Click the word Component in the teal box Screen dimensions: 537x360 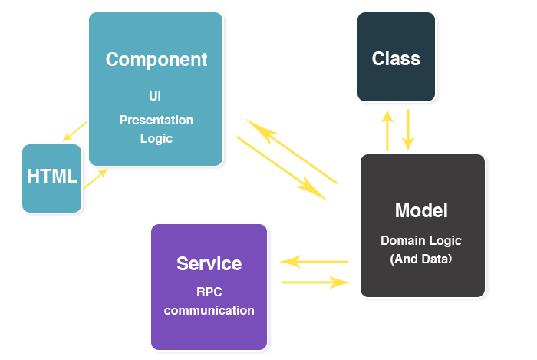point(156,60)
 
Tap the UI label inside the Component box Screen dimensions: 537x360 point(155,96)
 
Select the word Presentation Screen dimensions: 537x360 point(156,121)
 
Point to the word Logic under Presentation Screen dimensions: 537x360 point(156,139)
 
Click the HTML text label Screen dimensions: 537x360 point(52,176)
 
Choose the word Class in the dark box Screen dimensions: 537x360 point(396,58)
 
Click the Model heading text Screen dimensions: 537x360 point(421,210)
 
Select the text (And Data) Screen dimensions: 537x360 point(421,259)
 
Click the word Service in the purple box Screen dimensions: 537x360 point(209,264)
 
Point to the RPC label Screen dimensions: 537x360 point(209,292)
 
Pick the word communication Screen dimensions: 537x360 point(209,311)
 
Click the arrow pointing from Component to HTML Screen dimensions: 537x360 point(75,131)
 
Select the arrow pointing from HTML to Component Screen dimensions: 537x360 point(96,178)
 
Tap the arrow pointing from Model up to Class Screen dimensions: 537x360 point(387,130)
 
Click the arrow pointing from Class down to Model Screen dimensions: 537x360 point(408,130)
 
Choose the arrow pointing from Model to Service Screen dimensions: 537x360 point(314,262)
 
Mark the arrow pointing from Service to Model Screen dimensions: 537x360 point(316,282)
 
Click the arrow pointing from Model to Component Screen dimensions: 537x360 point(292,151)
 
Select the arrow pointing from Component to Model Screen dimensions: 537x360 point(282,169)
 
